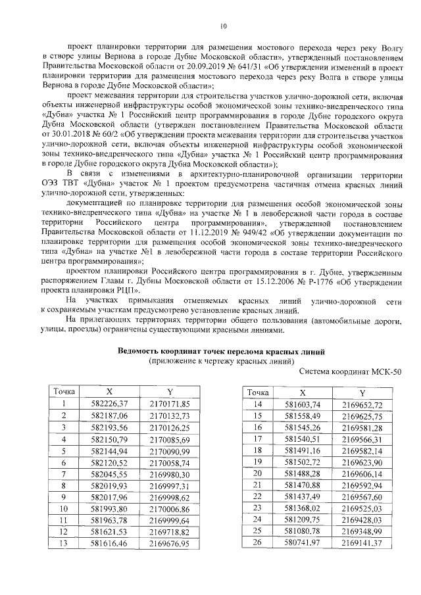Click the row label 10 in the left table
coord(64,509)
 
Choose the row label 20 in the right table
coord(258,473)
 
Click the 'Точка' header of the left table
coord(64,391)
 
